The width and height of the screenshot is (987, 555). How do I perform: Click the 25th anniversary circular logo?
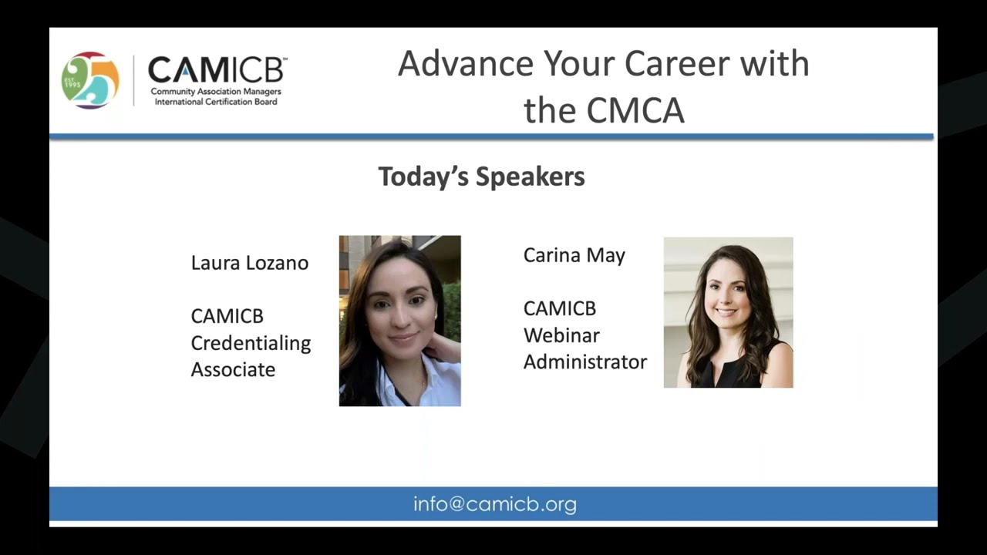click(90, 80)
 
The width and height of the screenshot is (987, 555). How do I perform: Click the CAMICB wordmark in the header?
click(217, 70)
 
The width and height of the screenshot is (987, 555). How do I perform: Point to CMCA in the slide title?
click(635, 110)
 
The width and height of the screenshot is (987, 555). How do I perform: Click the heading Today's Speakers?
click(481, 177)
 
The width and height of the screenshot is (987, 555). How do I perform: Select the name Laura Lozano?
click(249, 263)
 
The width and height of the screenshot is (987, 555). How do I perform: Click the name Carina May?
click(574, 255)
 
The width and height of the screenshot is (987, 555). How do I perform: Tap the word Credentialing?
click(251, 343)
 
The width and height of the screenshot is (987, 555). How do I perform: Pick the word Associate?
click(233, 370)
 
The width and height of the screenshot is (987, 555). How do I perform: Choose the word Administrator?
click(584, 362)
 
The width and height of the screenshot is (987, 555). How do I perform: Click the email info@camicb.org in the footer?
click(494, 505)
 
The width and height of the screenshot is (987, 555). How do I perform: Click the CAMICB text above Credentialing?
click(227, 316)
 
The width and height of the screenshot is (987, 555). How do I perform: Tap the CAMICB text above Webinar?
click(559, 308)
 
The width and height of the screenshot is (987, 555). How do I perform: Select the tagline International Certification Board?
click(216, 102)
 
